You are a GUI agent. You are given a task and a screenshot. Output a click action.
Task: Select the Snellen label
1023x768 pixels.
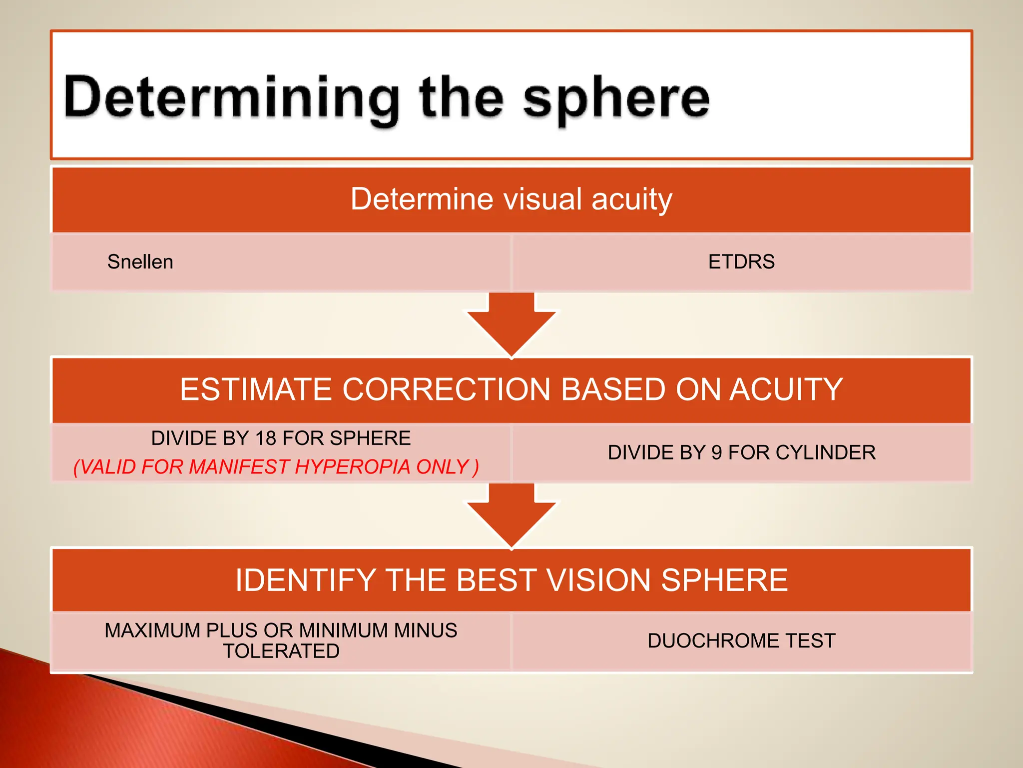140,262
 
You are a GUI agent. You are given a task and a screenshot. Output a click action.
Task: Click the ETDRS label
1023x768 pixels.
741,262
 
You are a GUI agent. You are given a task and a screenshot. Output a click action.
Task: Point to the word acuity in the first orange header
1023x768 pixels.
632,199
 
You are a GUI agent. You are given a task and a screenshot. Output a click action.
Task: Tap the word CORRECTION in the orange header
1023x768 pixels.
446,389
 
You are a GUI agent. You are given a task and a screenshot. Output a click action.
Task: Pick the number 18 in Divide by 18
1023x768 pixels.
266,438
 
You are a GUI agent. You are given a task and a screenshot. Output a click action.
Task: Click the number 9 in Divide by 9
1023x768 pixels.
716,452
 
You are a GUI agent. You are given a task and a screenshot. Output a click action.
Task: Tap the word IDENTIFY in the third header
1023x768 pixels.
305,580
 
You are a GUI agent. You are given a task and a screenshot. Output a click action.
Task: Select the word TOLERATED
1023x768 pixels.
281,651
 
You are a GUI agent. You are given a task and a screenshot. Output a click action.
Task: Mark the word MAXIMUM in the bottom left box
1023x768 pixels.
152,630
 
